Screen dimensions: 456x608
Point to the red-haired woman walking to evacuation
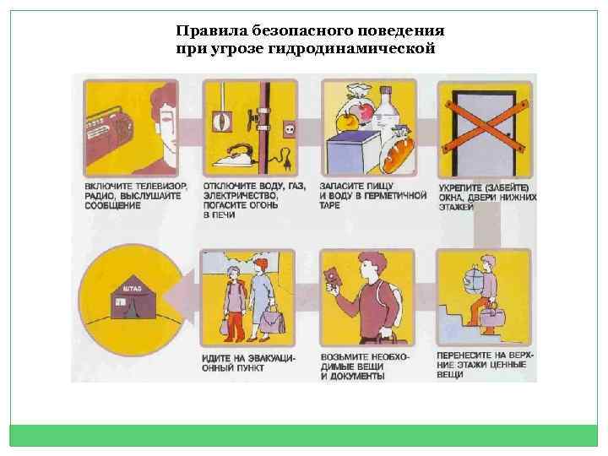pyautogui.click(x=263, y=291)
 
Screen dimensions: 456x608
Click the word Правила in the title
pyautogui.click(x=204, y=31)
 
